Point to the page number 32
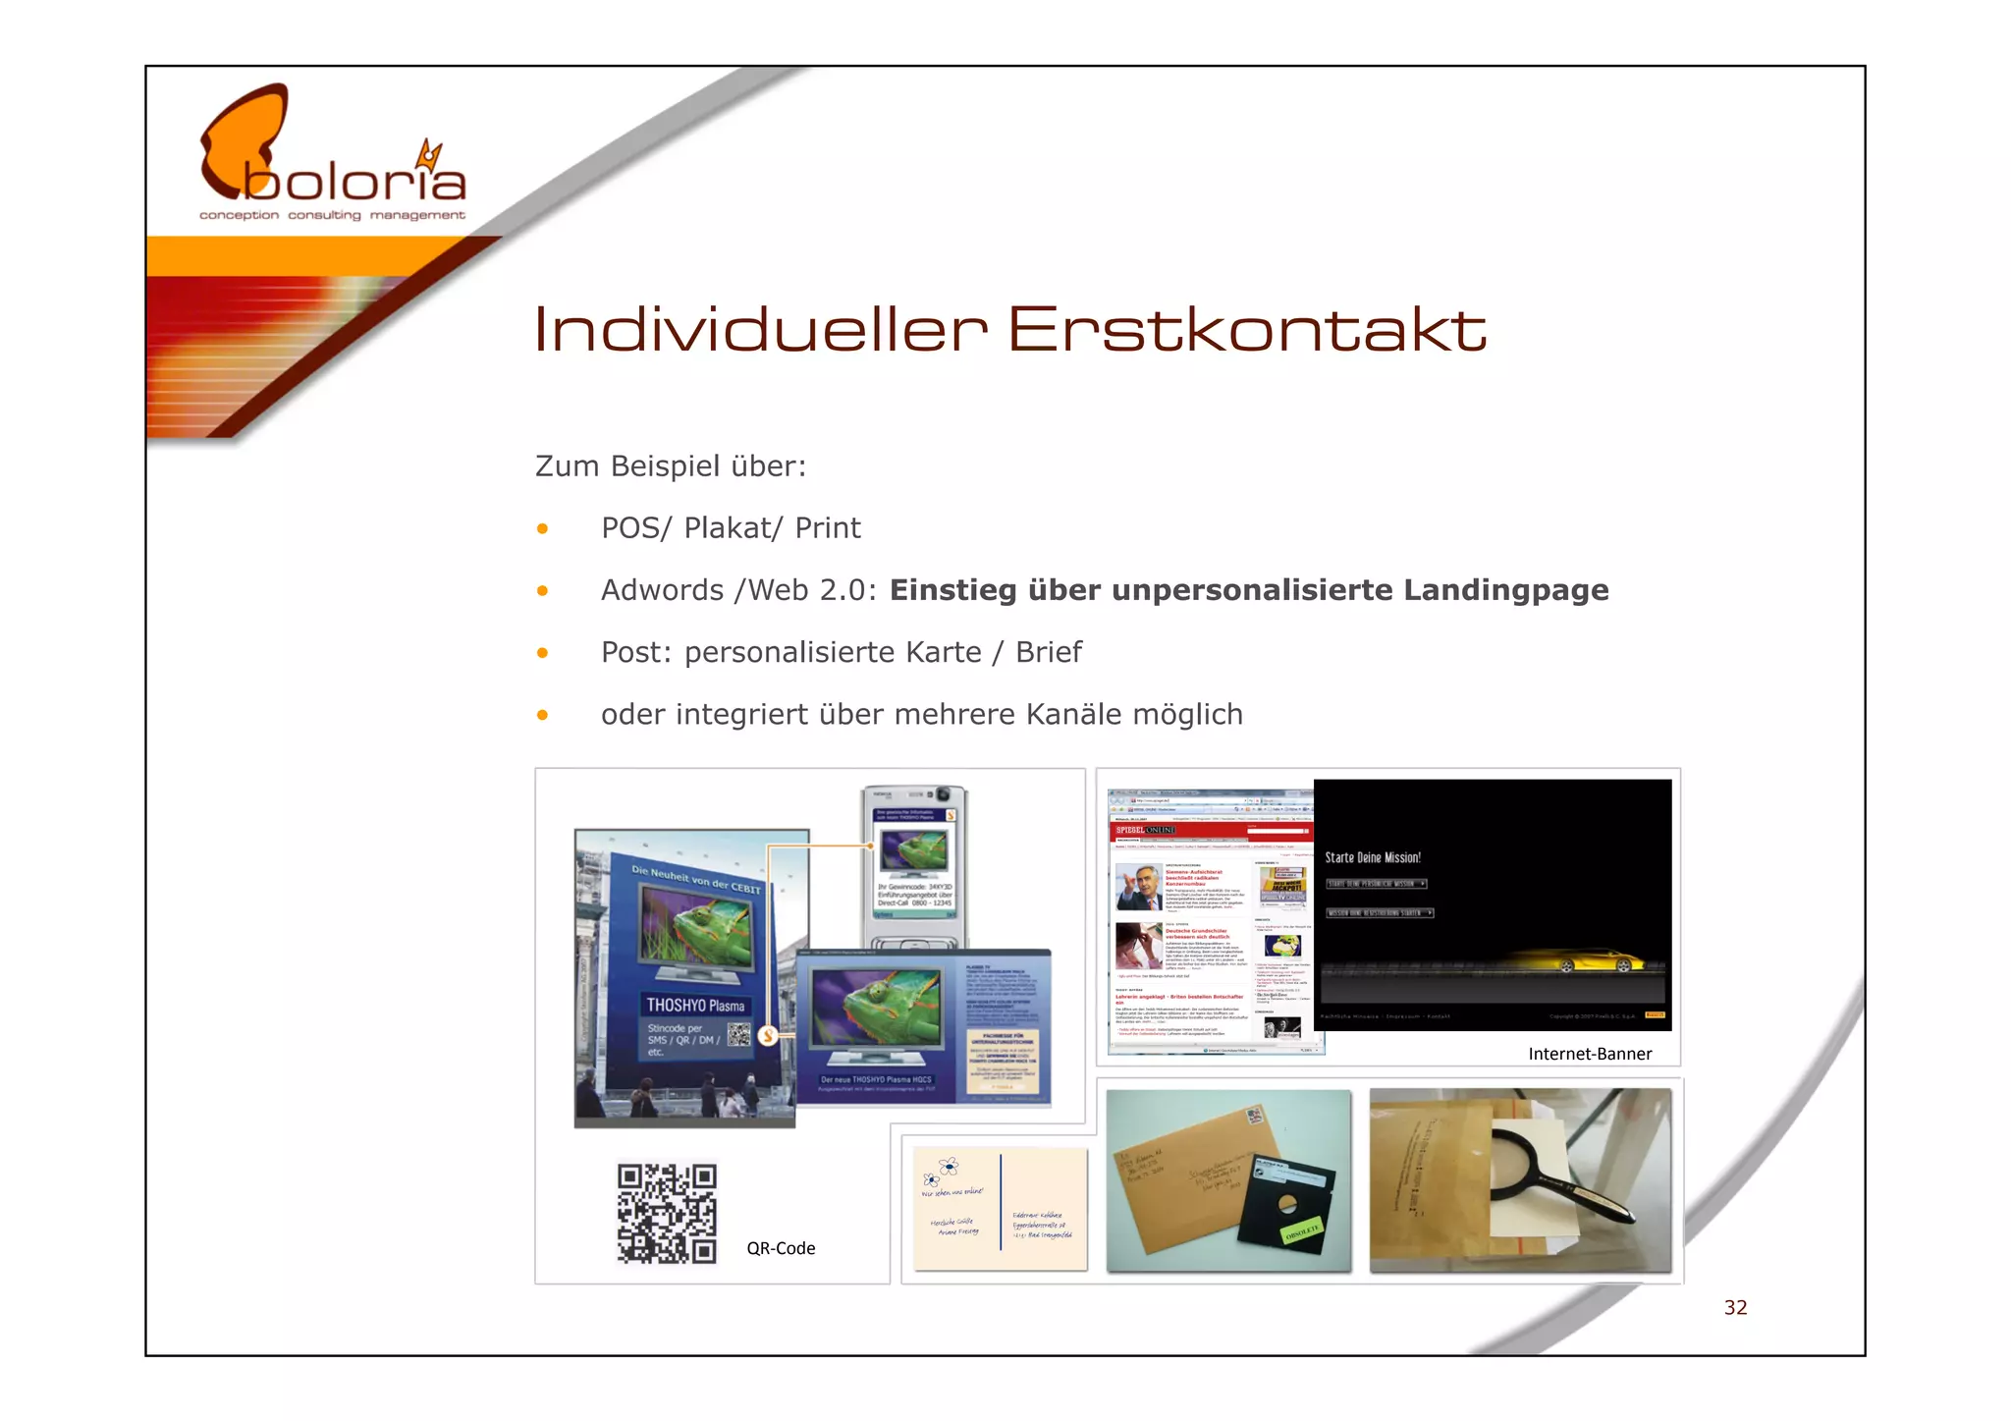(1735, 1307)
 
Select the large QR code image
(667, 1213)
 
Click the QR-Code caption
(781, 1248)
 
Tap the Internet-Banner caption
(1590, 1054)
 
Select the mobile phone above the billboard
(914, 864)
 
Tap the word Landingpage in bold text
(1505, 590)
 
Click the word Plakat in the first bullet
(728, 528)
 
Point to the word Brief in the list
(1048, 652)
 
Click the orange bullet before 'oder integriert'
(542, 715)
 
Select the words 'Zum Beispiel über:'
(670, 466)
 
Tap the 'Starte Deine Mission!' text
(1373, 857)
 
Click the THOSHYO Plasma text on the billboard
(695, 1005)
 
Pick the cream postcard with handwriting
(1001, 1209)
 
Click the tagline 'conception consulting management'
(332, 215)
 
